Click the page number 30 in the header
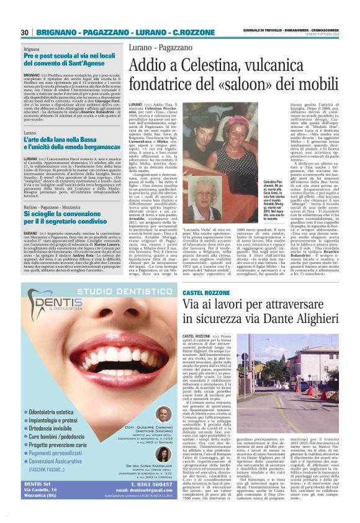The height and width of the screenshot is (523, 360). tap(25, 32)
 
